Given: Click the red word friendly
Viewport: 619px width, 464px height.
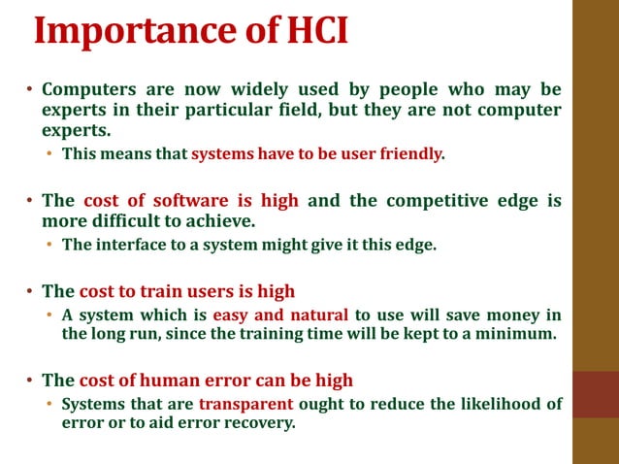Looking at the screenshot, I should (408, 153).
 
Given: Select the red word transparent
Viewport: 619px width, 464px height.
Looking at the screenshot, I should (245, 404).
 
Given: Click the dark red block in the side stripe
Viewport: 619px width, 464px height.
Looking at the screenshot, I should (595, 394).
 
